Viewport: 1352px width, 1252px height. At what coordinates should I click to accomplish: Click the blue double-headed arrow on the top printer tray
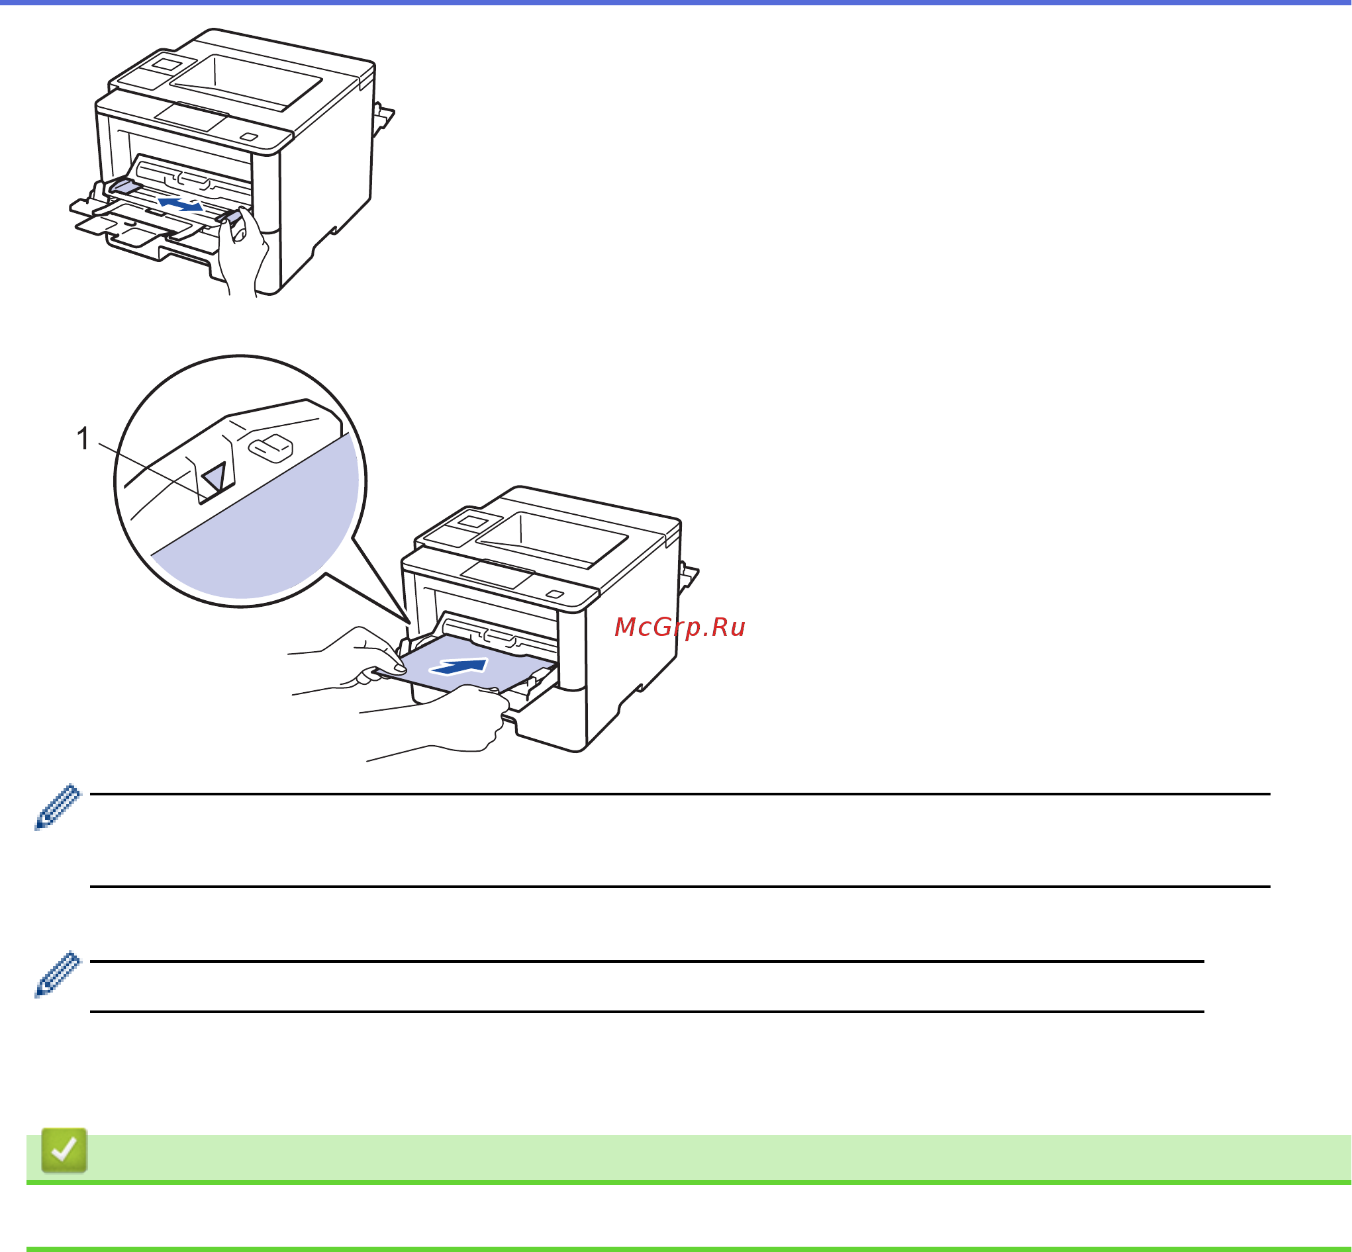pos(180,203)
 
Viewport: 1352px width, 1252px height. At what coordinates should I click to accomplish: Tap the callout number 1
pos(83,439)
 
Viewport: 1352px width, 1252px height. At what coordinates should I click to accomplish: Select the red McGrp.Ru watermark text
pos(679,627)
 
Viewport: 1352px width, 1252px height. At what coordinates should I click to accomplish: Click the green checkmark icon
pos(64,1149)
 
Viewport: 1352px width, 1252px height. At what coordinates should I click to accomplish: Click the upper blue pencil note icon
pos(58,807)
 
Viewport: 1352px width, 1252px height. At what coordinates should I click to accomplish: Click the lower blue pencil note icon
pos(58,974)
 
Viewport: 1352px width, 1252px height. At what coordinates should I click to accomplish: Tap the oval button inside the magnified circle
pos(270,447)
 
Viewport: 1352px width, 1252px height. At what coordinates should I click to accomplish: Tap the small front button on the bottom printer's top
pos(555,594)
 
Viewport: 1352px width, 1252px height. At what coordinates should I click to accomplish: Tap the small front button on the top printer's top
pos(250,137)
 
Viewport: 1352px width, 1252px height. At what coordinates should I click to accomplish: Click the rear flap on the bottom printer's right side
pos(689,575)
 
